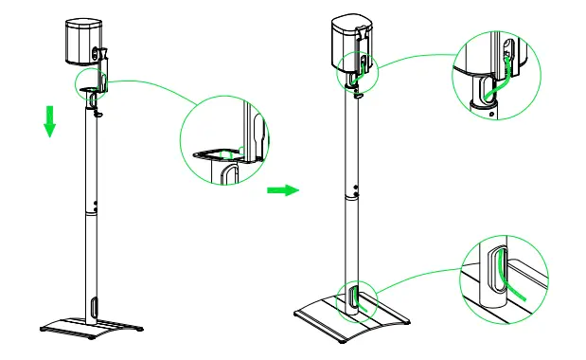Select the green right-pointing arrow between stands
point(282,189)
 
